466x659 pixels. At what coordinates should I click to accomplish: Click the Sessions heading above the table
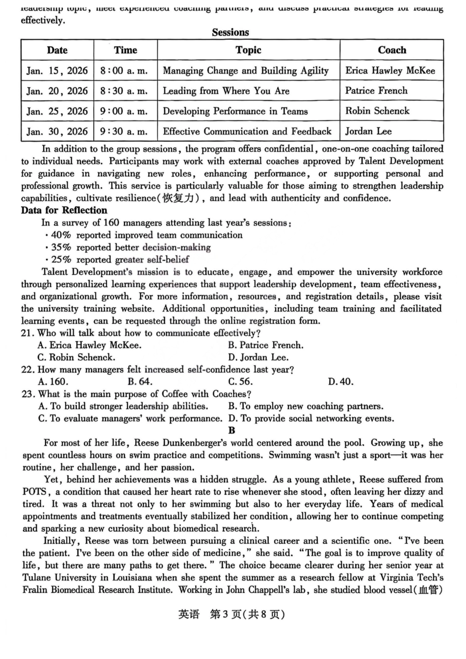coord(231,32)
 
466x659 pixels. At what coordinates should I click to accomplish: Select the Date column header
coord(57,50)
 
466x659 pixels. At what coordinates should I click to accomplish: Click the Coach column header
coord(391,50)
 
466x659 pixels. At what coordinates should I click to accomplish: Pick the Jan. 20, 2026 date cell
coord(57,91)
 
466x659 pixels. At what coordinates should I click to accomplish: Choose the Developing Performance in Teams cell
coord(235,111)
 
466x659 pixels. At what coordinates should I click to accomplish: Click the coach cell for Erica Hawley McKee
coord(390,71)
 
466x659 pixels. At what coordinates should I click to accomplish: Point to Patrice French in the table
coord(376,91)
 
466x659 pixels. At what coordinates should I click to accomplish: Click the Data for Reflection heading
coord(64,210)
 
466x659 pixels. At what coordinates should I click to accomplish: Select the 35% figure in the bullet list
coord(61,247)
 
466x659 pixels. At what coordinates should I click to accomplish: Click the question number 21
coord(28,333)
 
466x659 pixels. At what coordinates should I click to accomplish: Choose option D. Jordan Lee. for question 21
coord(259,357)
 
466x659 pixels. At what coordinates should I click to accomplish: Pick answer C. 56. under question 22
coord(240,382)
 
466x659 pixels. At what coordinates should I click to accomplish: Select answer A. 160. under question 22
coord(53,382)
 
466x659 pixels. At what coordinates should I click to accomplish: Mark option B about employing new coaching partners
coord(306,406)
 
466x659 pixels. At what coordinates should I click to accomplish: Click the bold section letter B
coord(232,430)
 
